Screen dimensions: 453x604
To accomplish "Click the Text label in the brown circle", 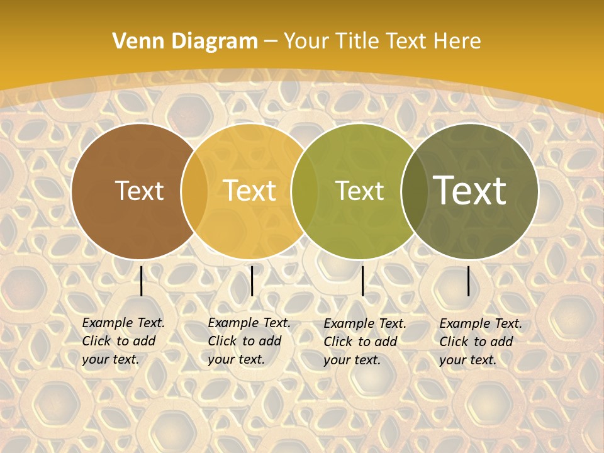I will click(x=139, y=191).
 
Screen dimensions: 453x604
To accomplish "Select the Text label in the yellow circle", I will click(x=250, y=191).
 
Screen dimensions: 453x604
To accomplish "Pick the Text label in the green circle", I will click(x=359, y=191).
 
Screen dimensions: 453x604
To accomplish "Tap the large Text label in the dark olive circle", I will click(x=469, y=191).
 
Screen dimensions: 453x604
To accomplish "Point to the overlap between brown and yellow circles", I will click(x=194, y=191).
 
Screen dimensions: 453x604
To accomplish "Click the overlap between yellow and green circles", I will click(x=305, y=191).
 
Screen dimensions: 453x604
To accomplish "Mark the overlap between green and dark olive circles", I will click(x=412, y=191).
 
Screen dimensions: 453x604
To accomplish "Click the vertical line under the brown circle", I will click(x=142, y=281).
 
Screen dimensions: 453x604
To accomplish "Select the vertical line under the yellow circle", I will click(x=252, y=281).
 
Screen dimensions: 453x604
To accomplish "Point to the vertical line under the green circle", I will click(x=362, y=281).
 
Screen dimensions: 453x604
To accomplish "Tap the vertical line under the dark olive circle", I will click(x=469, y=281).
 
